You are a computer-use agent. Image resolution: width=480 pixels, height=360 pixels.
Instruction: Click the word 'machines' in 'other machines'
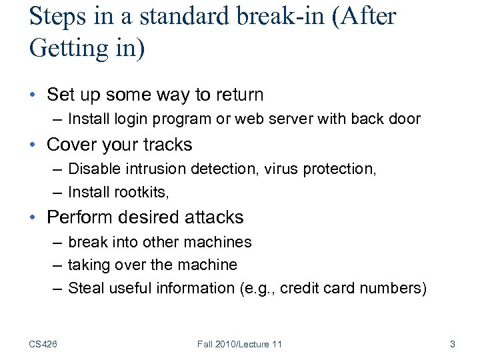click(223, 242)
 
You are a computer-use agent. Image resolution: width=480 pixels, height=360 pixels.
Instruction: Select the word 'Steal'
click(84, 288)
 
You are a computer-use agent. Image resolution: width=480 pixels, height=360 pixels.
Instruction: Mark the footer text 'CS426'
click(43, 344)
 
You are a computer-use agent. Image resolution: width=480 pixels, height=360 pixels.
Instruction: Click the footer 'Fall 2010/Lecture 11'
click(240, 344)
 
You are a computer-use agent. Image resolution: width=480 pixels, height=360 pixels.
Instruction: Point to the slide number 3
click(453, 344)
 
